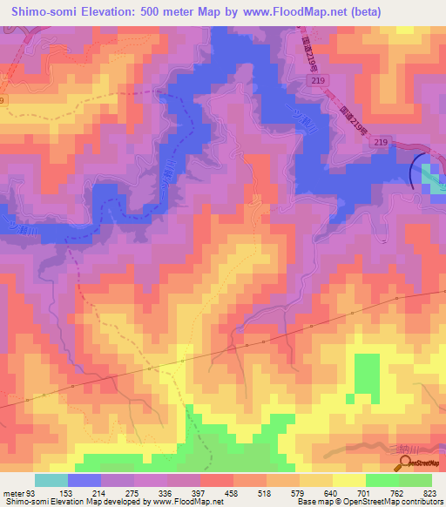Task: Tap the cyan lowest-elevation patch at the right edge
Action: click(x=433, y=179)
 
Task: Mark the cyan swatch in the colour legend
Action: click(x=51, y=480)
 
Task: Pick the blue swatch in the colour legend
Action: click(x=84, y=480)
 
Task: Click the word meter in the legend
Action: click(x=12, y=493)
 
